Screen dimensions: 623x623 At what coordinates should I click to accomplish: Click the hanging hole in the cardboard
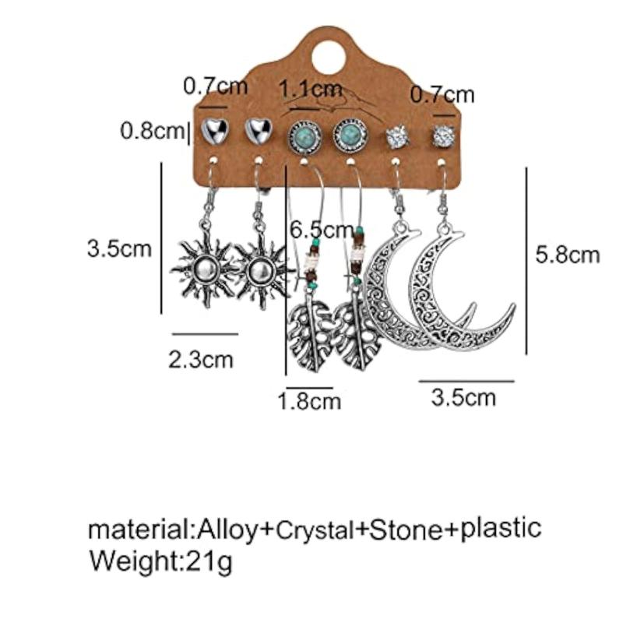coord(328,58)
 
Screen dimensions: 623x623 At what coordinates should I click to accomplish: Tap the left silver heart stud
coord(215,130)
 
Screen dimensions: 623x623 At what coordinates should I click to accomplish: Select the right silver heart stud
coord(259,130)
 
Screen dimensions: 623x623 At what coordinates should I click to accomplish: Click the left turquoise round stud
coord(304,138)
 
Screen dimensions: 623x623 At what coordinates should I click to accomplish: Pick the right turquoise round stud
coord(350,136)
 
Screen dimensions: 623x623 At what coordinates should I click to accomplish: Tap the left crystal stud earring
coord(397,137)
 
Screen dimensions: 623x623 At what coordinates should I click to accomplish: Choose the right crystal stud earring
coord(443,136)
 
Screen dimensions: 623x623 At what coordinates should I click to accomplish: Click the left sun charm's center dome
coord(206,271)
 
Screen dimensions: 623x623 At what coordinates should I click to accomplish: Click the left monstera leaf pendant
coord(311,335)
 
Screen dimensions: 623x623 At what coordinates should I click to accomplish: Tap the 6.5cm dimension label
coord(322,230)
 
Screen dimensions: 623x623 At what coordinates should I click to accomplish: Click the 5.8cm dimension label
coord(568,255)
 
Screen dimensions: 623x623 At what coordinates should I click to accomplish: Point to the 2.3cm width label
coord(201,360)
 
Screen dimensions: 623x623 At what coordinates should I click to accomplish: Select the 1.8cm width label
coord(309,401)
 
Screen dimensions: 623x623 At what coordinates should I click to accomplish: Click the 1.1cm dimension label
coord(310,89)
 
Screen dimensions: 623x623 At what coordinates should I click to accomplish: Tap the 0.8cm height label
coord(152,130)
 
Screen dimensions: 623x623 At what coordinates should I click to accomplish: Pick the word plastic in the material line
coord(501,528)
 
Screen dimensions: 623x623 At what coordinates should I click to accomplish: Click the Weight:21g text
coord(160,561)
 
